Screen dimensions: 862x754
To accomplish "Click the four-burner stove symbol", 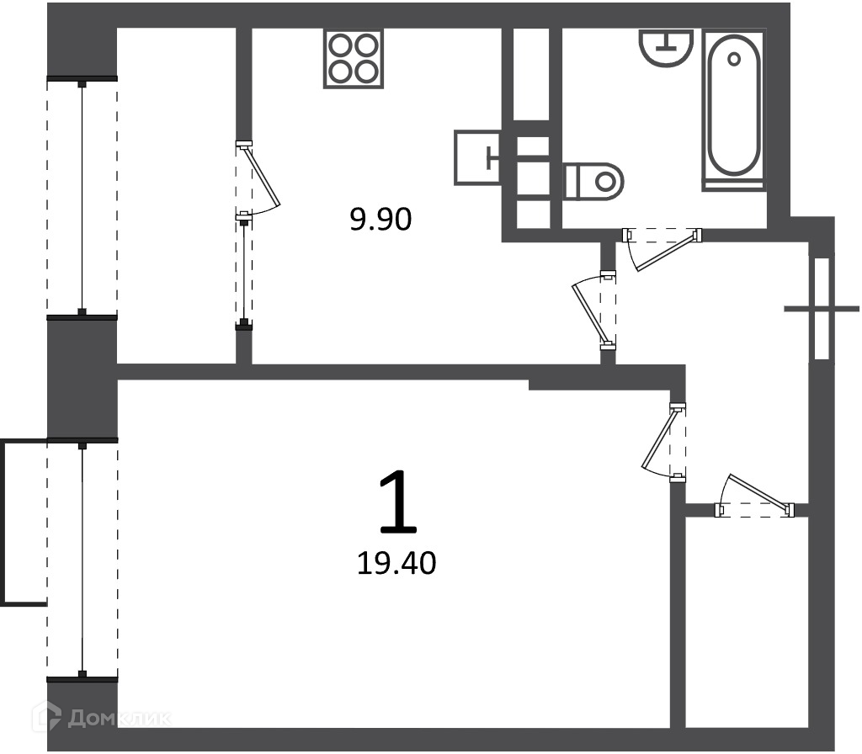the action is (354, 58).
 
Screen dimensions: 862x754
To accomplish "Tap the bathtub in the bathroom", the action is (733, 110).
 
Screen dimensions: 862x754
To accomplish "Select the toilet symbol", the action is (593, 182).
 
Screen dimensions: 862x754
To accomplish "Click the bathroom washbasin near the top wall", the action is (667, 48).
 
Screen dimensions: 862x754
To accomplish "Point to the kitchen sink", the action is (477, 157).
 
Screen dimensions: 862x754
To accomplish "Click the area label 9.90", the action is (381, 220).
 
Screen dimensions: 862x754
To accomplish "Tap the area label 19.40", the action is (396, 563).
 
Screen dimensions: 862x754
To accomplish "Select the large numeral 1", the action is (398, 502).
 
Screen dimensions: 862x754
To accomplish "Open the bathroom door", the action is (662, 249).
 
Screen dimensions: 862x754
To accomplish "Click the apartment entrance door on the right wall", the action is (822, 308).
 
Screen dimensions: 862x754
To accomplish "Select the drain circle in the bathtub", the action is (734, 58).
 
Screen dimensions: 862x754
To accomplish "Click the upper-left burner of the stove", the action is (341, 45).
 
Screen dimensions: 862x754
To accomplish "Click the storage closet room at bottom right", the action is (748, 622).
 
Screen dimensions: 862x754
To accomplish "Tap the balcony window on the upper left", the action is (82, 198).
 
